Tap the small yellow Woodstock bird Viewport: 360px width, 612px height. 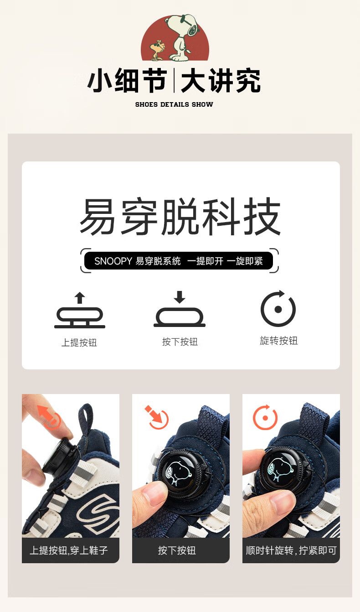tap(158, 50)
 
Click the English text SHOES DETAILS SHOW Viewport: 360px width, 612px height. tap(174, 104)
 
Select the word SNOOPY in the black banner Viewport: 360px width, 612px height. tap(113, 261)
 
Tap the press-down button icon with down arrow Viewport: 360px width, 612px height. tap(180, 309)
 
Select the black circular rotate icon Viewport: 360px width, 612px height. tap(278, 308)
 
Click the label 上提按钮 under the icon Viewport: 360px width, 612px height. tap(79, 342)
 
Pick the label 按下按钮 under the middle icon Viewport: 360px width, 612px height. tap(180, 342)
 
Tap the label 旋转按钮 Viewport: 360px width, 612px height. tap(279, 341)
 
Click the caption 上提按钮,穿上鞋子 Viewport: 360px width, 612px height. tap(69, 550)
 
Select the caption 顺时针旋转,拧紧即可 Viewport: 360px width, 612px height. tap(291, 550)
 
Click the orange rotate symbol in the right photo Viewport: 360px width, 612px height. tap(265, 418)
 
